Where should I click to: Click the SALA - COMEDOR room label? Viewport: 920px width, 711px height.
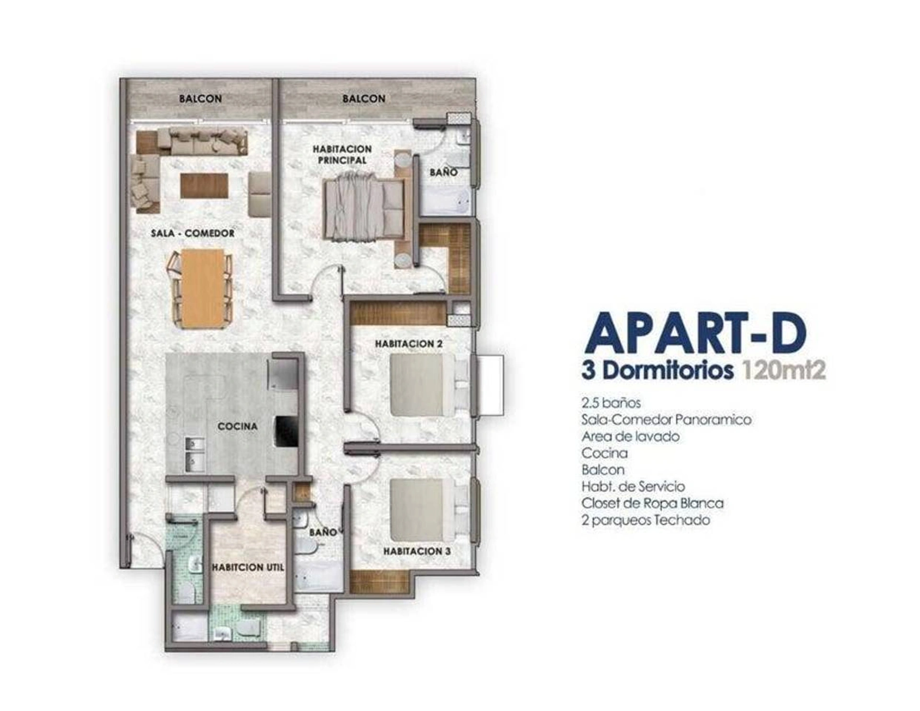[193, 233]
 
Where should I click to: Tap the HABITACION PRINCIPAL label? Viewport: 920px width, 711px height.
[342, 155]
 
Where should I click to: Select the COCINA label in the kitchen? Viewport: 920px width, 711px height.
[238, 426]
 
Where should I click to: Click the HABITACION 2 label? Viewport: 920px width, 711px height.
[409, 344]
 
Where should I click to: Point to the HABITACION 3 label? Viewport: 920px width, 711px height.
[417, 551]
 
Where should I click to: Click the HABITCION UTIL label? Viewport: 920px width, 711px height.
[248, 567]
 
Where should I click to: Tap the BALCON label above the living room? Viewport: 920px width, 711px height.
[200, 99]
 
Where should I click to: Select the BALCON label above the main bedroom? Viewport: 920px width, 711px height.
[364, 99]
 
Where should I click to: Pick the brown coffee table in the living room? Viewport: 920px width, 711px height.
[205, 185]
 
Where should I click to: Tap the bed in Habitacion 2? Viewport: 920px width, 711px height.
[429, 385]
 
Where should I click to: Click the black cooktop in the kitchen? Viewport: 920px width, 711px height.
[286, 431]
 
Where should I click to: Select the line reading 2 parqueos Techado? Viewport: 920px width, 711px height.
[645, 520]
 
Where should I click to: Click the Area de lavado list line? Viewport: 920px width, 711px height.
[630, 436]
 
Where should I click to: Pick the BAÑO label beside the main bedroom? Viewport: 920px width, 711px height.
[443, 172]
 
